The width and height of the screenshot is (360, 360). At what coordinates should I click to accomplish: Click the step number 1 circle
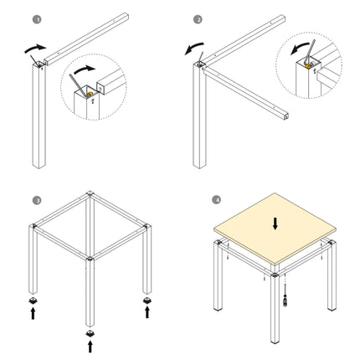(x=37, y=19)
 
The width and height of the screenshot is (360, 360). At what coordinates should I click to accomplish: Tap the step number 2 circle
(x=198, y=19)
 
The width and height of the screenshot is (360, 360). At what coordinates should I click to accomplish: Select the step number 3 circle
(x=37, y=200)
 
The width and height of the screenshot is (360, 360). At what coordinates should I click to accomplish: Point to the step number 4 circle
(x=218, y=200)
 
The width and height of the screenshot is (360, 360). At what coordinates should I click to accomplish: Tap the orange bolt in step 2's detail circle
(x=310, y=64)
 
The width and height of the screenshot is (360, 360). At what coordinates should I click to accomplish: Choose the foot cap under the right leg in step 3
(x=148, y=296)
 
